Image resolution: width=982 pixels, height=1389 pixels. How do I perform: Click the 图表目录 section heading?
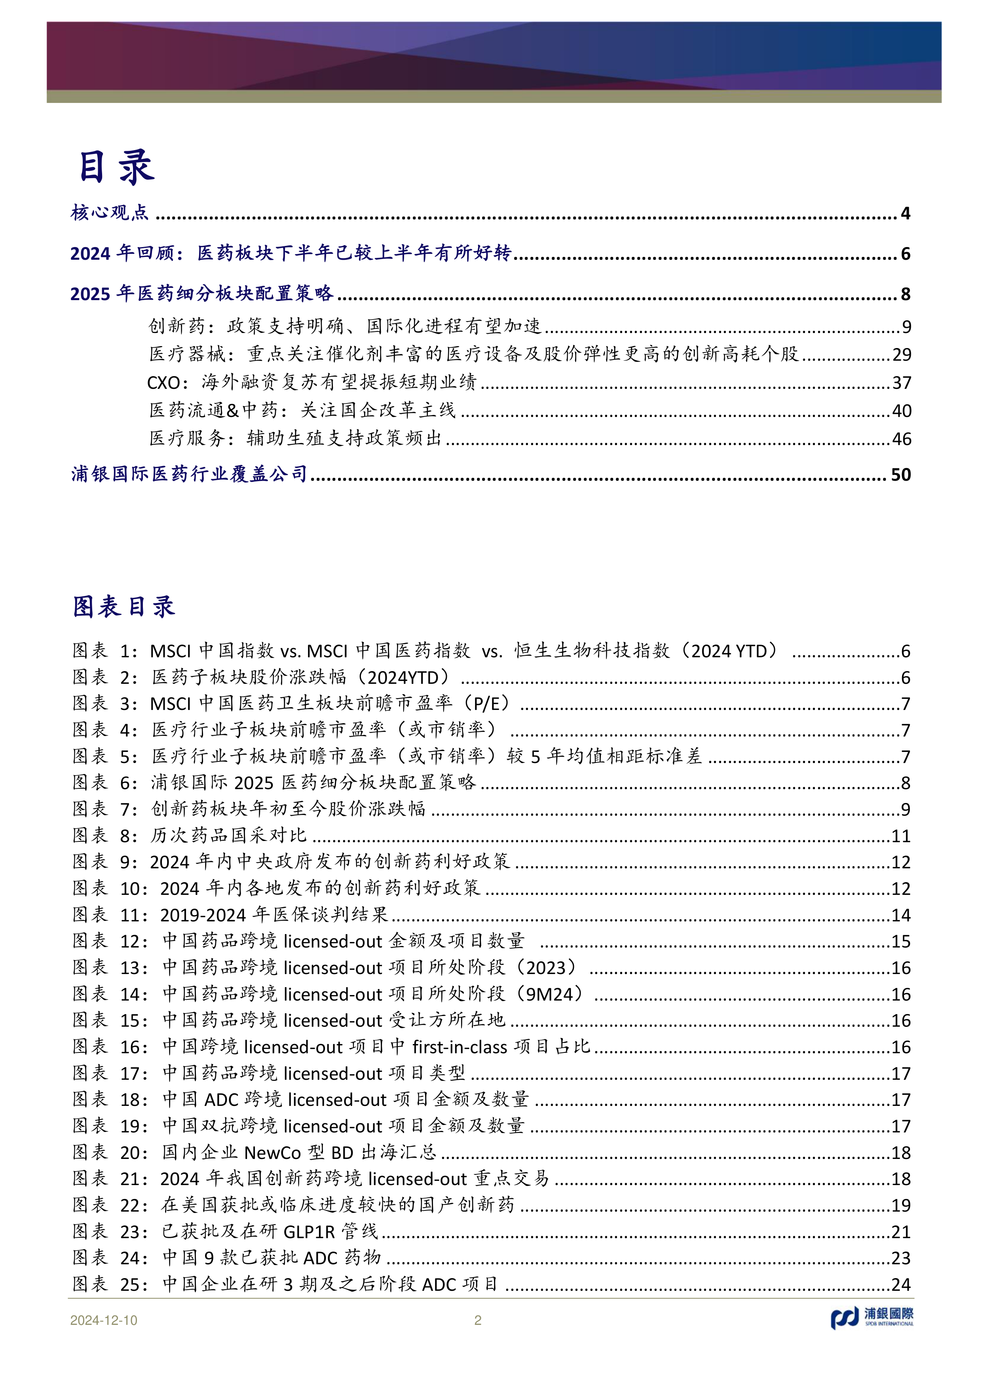[x=124, y=606]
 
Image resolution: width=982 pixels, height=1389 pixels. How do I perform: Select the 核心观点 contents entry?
[x=110, y=213]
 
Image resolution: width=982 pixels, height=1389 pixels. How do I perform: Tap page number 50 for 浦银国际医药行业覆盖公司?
[x=900, y=474]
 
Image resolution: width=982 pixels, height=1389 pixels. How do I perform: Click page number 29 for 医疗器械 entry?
[x=901, y=354]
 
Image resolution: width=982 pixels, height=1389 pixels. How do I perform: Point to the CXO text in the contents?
[x=163, y=383]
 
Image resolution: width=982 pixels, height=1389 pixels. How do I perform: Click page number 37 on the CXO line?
[x=901, y=383]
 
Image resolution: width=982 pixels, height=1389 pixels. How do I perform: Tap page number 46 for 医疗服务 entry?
[x=901, y=439]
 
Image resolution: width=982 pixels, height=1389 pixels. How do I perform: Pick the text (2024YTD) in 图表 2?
[x=408, y=677]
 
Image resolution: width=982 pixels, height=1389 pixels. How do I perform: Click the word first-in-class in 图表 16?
[x=460, y=1047]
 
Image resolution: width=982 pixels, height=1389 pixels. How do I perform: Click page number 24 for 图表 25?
[x=900, y=1285]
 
